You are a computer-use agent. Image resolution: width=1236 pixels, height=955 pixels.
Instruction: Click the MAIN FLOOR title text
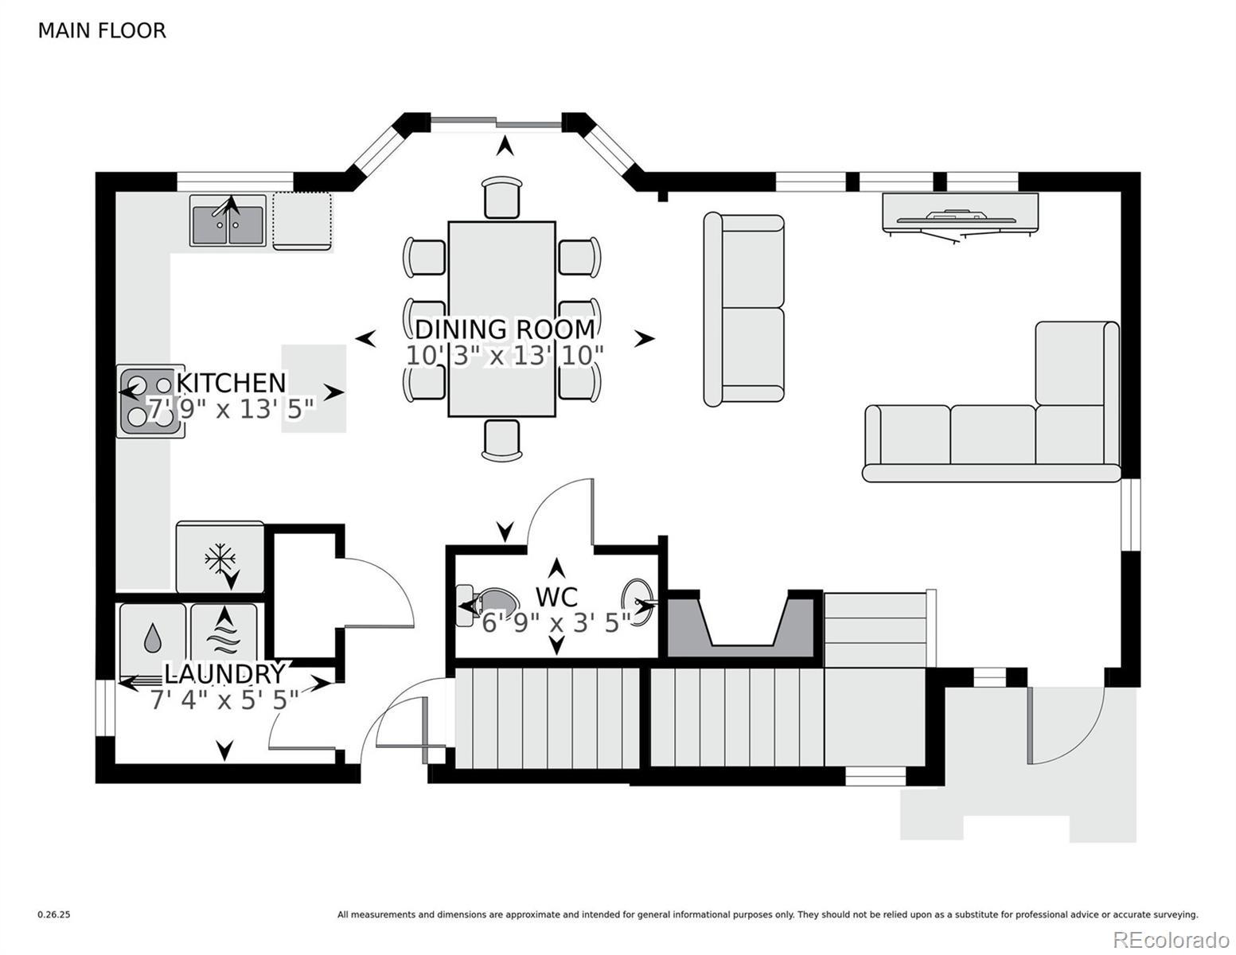(x=102, y=31)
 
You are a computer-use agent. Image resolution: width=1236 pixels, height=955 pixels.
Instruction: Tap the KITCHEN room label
(x=231, y=383)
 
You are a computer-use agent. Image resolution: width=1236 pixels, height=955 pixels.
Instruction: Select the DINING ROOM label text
(x=505, y=329)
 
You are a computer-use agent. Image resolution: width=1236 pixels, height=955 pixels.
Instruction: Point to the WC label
(x=556, y=597)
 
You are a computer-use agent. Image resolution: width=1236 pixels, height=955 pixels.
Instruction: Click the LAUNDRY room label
(x=224, y=674)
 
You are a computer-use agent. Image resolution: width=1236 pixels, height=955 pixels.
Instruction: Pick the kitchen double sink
(x=228, y=220)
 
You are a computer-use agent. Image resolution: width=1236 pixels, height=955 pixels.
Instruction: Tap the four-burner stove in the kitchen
(x=150, y=401)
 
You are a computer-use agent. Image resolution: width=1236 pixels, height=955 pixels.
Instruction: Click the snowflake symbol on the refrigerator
(x=220, y=559)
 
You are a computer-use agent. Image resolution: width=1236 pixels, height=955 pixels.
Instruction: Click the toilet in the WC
(x=489, y=606)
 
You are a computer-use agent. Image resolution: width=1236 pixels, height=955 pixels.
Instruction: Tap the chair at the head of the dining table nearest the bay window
(x=501, y=197)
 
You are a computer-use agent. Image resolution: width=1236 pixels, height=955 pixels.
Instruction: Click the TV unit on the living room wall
(x=960, y=216)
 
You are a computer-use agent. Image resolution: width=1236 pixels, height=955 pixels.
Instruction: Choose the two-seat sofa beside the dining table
(x=744, y=310)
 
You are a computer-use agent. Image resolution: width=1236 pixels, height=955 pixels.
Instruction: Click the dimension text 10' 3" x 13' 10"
(x=504, y=356)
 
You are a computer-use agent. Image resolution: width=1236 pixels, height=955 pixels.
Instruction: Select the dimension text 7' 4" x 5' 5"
(x=224, y=700)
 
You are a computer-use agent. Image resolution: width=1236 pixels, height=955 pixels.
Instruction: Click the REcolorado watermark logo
(x=1171, y=939)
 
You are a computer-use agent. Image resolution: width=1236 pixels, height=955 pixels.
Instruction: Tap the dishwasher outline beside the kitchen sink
(x=302, y=221)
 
